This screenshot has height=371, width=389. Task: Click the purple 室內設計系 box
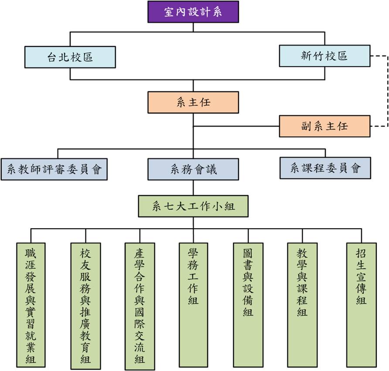193,12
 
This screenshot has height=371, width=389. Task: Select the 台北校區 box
70,57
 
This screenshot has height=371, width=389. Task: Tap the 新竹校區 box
325,56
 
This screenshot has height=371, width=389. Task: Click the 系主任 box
193,102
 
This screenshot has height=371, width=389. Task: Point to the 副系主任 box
325,126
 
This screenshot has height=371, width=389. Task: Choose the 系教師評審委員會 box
54,169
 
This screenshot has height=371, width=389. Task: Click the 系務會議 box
193,169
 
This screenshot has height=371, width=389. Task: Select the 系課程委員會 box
325,168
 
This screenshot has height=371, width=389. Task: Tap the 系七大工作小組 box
193,206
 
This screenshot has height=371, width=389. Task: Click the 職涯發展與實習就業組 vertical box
31,305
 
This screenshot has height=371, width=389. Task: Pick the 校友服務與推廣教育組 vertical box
85,306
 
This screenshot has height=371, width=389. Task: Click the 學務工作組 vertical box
193,305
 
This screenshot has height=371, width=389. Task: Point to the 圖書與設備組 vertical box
248,305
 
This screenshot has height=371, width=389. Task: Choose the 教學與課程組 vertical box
302,305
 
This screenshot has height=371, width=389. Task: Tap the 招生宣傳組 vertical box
362,305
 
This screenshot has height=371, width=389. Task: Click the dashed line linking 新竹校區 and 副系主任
388,91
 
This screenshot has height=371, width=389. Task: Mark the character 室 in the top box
169,12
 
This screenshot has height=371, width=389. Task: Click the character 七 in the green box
169,206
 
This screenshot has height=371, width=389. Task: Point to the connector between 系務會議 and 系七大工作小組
193,188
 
